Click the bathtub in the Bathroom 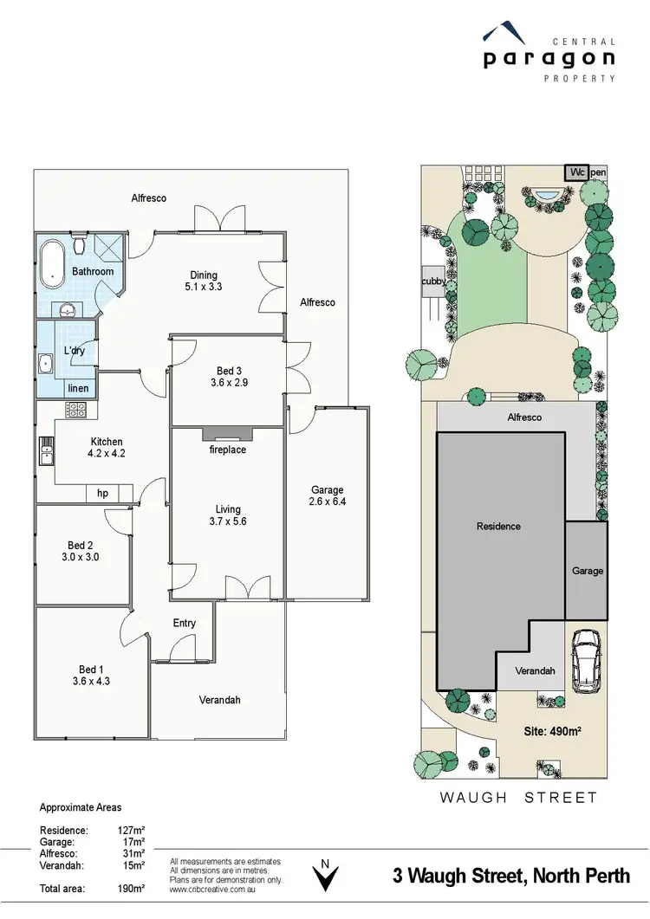click(52, 265)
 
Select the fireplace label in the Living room click(228, 450)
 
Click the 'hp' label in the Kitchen click(102, 493)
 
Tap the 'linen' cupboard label click(78, 388)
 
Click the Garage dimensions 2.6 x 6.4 click(327, 502)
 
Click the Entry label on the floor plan click(185, 623)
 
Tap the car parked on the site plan click(588, 661)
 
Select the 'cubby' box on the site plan click(432, 282)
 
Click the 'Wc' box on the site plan click(576, 172)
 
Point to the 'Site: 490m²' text click(552, 730)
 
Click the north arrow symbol click(325, 877)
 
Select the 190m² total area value click(130, 889)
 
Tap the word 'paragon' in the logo click(549, 59)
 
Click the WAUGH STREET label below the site click(518, 797)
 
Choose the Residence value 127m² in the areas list click(130, 829)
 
